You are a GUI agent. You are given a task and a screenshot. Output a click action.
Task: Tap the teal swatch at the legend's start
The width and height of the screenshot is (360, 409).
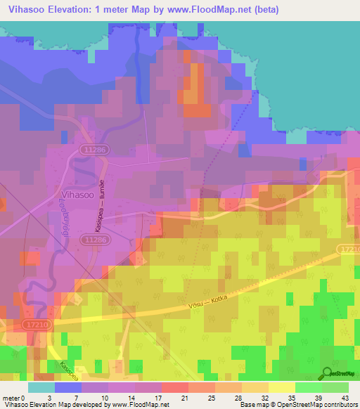(41, 387)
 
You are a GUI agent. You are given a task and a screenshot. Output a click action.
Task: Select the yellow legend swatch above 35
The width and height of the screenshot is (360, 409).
(281, 387)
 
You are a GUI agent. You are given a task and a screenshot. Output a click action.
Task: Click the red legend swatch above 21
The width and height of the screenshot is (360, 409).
(174, 387)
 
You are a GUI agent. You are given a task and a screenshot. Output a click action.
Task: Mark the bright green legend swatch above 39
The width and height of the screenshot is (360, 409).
(308, 387)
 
